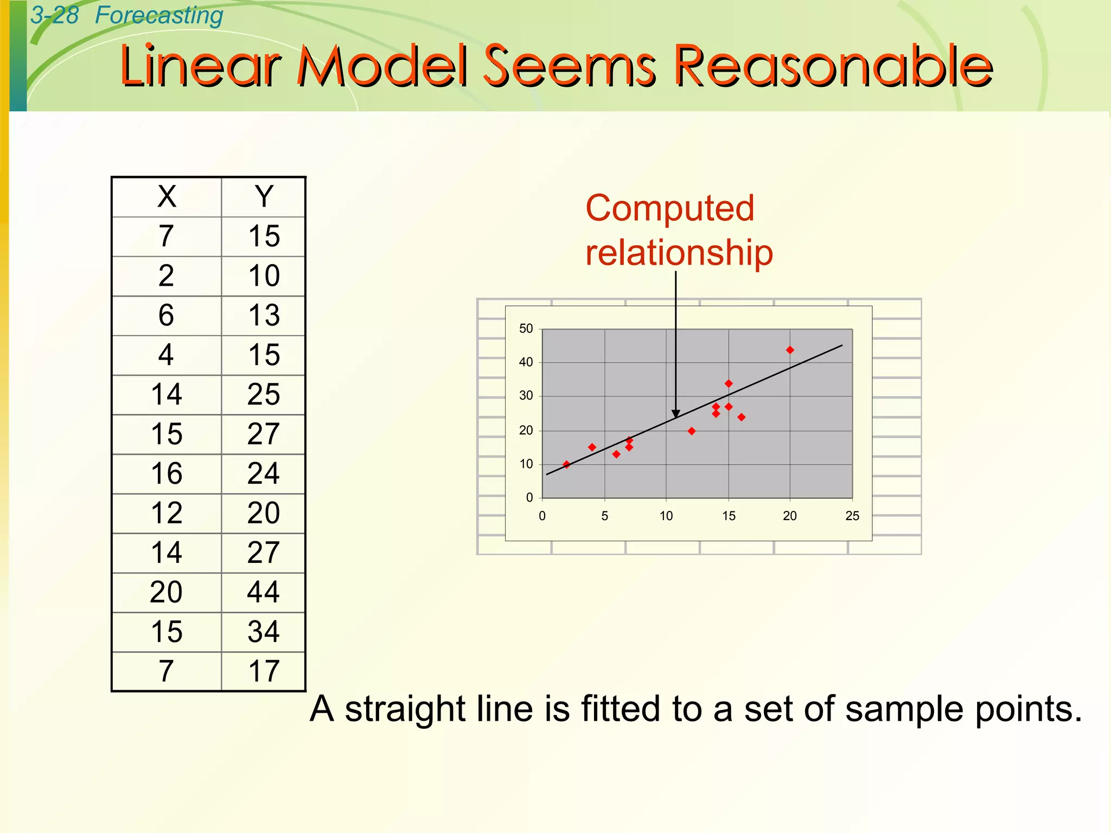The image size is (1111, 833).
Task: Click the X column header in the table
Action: tap(167, 196)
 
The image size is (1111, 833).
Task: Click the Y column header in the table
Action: tap(264, 196)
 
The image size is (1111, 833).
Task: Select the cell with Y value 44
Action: tap(264, 592)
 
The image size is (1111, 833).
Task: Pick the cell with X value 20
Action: tap(167, 592)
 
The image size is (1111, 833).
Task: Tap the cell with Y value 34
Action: tap(264, 632)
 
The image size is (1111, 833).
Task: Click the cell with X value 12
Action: tap(167, 513)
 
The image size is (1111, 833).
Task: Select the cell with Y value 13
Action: tap(264, 315)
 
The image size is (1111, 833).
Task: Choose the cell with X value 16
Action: tap(167, 473)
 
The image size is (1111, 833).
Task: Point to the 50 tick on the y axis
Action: tap(526, 329)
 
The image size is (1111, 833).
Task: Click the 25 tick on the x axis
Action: tap(852, 516)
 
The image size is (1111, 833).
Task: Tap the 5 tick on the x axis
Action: tap(604, 516)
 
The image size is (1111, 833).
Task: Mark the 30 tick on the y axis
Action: tap(526, 396)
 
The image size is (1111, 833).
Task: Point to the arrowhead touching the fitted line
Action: tap(676, 414)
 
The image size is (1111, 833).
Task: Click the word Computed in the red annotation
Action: tap(670, 208)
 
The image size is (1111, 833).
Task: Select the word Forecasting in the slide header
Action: tap(159, 15)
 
